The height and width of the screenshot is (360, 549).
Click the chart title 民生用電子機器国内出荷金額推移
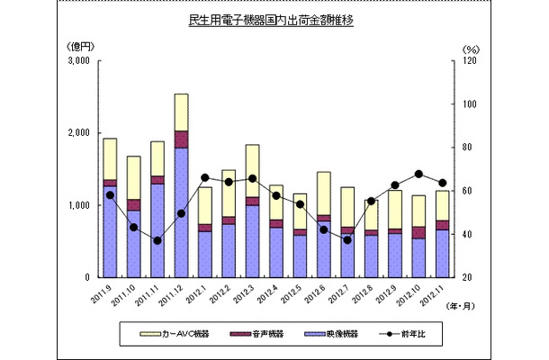click(x=274, y=19)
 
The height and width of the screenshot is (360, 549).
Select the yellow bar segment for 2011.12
click(x=181, y=112)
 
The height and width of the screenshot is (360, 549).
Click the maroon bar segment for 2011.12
click(x=181, y=139)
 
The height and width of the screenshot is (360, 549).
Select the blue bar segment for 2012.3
click(x=252, y=241)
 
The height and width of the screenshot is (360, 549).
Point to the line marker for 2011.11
click(x=157, y=240)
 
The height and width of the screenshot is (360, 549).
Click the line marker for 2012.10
click(x=418, y=174)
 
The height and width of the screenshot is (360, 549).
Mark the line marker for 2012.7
click(x=347, y=239)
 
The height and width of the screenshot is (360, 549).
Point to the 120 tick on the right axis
click(x=468, y=61)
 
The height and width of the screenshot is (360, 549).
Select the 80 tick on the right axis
click(x=468, y=148)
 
